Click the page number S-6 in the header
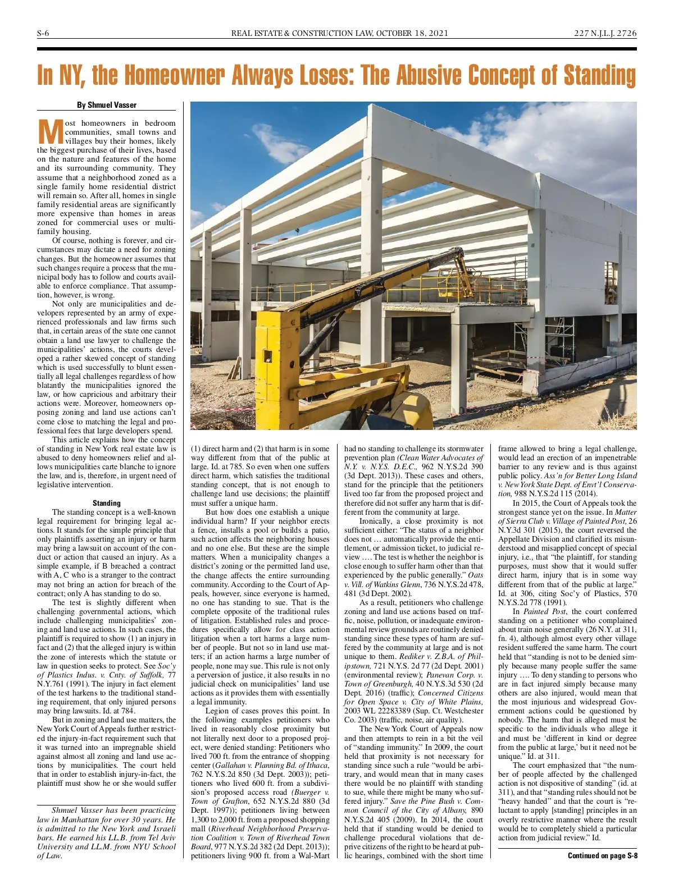(43, 33)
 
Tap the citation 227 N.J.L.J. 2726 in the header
(605, 33)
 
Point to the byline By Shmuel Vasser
(107, 105)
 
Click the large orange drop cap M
(50, 132)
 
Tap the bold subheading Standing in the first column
(107, 503)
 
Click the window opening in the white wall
(611, 275)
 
